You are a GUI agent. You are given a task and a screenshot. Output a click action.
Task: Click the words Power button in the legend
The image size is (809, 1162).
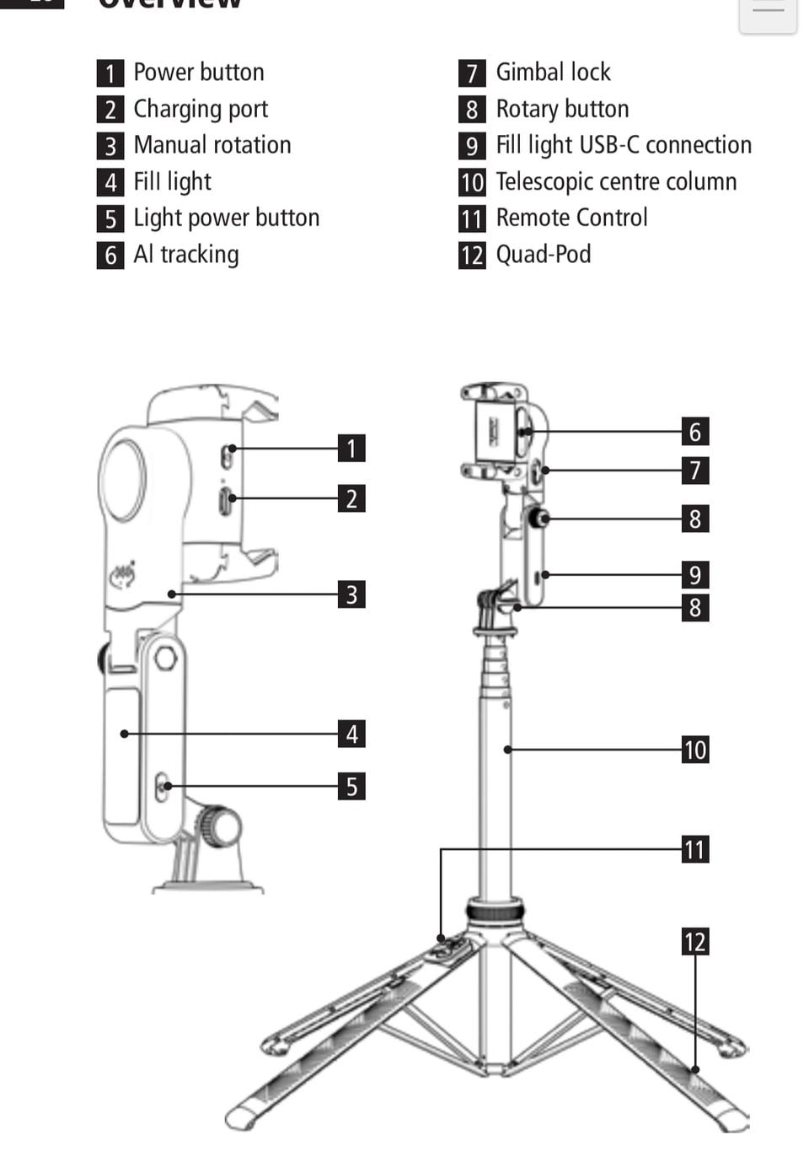(198, 73)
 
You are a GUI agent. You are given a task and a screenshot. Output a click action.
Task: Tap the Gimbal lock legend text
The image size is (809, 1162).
(553, 73)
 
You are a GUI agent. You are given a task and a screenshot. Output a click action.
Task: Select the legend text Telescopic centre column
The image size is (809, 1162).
(616, 182)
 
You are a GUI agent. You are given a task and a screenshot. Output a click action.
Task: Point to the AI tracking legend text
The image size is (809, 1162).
(186, 255)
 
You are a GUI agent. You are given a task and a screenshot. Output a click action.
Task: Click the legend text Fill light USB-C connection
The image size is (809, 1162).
(624, 145)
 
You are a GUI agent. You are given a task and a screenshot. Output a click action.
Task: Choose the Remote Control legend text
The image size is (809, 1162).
(571, 218)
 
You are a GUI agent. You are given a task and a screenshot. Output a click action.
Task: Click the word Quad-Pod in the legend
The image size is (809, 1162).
(543, 255)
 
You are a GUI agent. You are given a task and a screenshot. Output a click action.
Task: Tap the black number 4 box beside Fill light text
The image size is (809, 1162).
(110, 182)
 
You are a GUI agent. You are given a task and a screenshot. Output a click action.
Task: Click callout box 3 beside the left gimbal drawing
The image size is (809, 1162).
(351, 594)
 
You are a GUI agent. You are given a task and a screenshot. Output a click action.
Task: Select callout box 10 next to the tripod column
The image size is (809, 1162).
(695, 750)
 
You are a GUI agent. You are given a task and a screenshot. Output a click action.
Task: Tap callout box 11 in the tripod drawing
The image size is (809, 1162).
(695, 849)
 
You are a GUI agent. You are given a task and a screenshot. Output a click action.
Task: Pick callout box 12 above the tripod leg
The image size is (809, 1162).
(695, 942)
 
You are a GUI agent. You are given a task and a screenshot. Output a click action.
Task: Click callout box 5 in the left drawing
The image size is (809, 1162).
(351, 787)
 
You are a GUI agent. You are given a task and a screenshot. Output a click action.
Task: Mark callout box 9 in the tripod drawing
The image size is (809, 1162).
(695, 575)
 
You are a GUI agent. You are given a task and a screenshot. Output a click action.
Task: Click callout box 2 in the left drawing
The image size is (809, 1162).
(351, 498)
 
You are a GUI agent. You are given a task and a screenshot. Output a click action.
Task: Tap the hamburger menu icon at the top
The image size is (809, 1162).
(768, 10)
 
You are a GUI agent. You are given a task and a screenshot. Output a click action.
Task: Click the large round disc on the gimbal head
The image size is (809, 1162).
(124, 480)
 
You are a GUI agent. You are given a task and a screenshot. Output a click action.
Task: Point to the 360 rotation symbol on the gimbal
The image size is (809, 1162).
(124, 575)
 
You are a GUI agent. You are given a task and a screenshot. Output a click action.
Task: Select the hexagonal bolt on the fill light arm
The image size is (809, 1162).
(165, 657)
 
